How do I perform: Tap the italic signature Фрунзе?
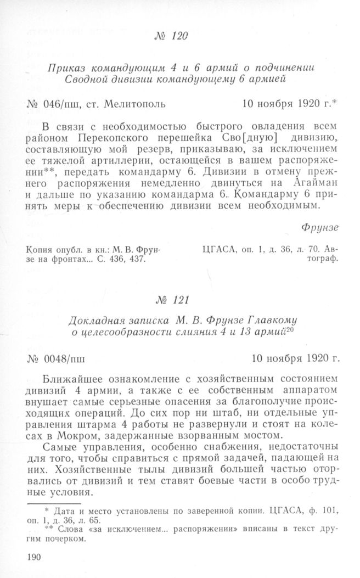point(322,226)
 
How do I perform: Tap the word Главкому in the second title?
point(277,319)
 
